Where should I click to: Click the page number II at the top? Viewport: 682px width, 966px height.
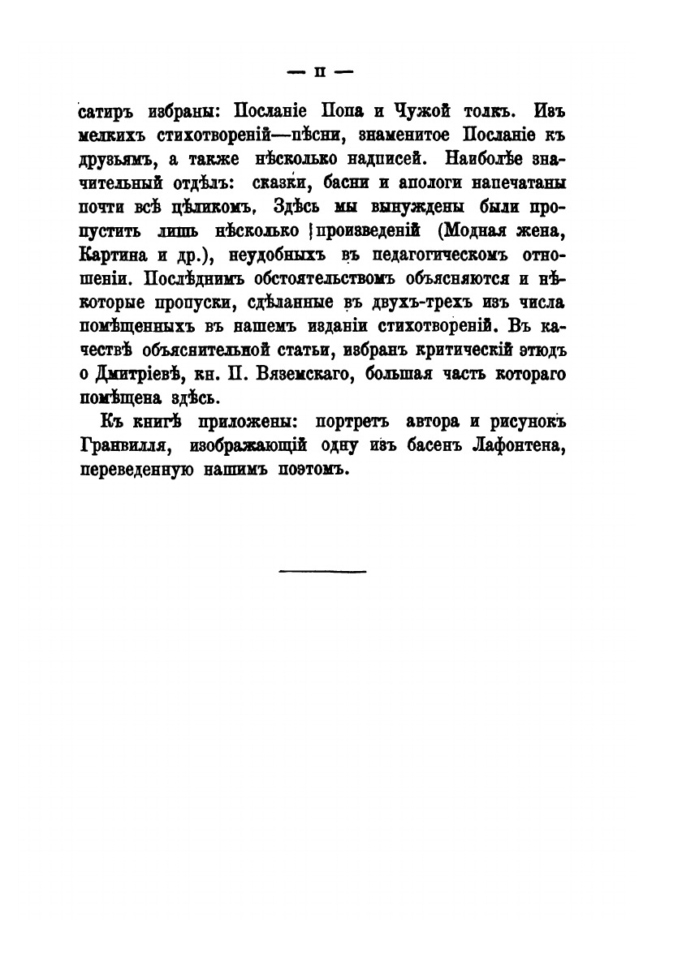[x=319, y=71]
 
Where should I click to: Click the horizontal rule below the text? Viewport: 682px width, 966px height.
[x=322, y=570]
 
